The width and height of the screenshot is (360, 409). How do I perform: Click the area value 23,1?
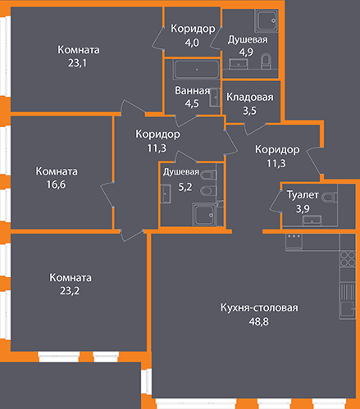tap(77, 63)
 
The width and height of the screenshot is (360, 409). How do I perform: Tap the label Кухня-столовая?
tap(259, 307)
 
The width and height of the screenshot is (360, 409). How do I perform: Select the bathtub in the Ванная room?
tap(197, 70)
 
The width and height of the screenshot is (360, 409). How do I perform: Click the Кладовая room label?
tap(250, 97)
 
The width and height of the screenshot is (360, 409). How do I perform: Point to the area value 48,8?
tap(258, 321)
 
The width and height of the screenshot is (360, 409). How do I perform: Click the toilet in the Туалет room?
tap(330, 197)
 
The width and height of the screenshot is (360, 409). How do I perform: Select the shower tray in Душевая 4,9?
tap(267, 20)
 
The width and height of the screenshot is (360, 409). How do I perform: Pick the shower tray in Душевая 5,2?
tap(204, 215)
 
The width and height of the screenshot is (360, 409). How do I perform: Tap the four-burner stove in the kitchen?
tap(348, 258)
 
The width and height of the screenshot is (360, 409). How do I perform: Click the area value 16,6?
tap(56, 184)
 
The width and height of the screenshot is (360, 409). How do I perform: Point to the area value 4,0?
tap(192, 43)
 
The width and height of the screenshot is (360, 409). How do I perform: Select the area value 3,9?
tap(303, 209)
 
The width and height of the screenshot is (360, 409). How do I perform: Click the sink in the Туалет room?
tap(312, 220)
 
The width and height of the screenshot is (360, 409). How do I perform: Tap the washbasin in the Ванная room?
tap(215, 98)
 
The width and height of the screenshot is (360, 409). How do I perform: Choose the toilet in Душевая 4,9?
tap(266, 61)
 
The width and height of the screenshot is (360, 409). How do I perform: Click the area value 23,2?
tap(70, 291)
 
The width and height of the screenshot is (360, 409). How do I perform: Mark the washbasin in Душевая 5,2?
tap(166, 193)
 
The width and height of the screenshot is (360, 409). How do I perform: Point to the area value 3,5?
tap(249, 111)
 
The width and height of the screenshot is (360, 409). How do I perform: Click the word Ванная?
tap(193, 91)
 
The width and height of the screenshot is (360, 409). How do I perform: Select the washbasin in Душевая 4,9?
tap(239, 64)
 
